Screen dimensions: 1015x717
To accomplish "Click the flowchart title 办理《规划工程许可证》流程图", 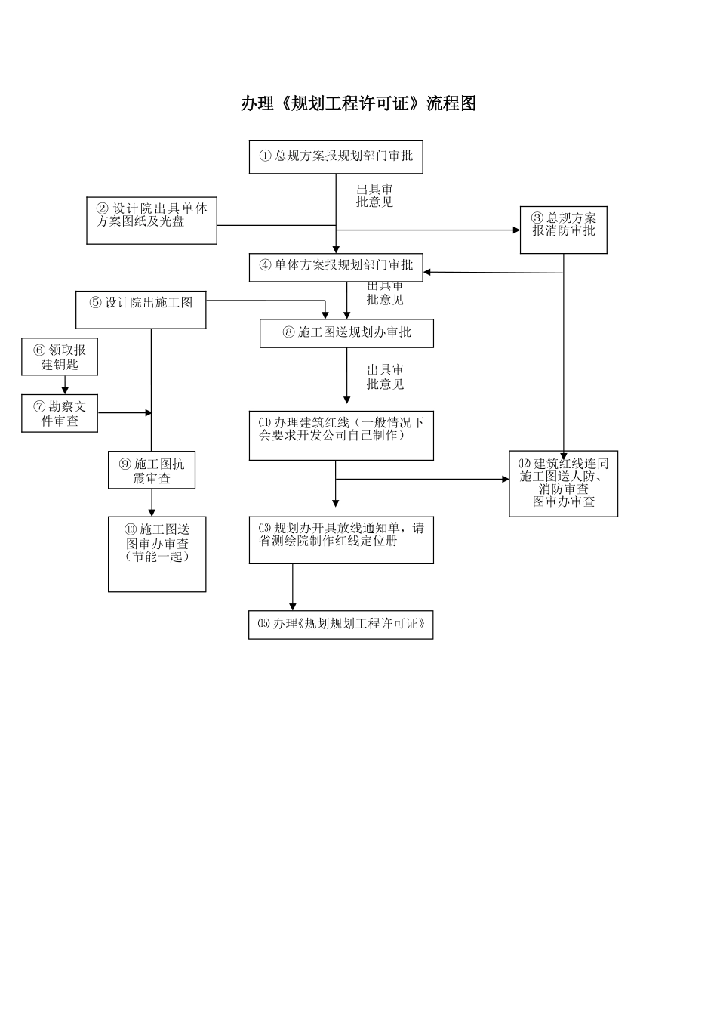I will pos(358,103).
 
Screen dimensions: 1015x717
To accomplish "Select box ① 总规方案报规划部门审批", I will pos(336,156).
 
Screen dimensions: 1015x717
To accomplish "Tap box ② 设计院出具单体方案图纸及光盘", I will pos(152,220).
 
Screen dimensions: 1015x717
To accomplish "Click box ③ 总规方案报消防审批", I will pos(563,230).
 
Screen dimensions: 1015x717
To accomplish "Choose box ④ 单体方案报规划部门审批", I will pos(336,267).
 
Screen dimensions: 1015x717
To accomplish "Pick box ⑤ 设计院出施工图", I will pos(141,310).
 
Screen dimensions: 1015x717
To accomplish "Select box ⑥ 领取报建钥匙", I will pos(60,356).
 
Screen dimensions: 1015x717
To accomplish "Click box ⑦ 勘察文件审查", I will pos(60,413).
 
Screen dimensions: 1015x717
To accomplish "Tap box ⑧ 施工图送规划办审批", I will pos(346,333).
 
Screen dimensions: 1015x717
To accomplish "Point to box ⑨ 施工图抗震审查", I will pos(152,470).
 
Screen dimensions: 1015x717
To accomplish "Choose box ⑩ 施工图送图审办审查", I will pos(157,554).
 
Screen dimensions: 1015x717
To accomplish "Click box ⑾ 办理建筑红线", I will pos(341,435).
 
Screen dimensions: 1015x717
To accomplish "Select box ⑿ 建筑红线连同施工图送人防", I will pos(563,483).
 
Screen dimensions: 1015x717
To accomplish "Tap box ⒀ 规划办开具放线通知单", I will pos(341,539).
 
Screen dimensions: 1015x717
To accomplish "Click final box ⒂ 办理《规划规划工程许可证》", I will pos(340,625).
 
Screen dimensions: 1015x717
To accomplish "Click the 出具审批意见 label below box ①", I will pos(374,196).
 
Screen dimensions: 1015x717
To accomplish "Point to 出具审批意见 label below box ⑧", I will pos(385,377).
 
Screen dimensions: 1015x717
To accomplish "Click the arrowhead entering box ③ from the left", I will pos(515,230).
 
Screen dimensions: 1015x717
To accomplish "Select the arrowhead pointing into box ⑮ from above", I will pos(293,606).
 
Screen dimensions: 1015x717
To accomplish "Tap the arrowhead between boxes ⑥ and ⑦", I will pos(65,390).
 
